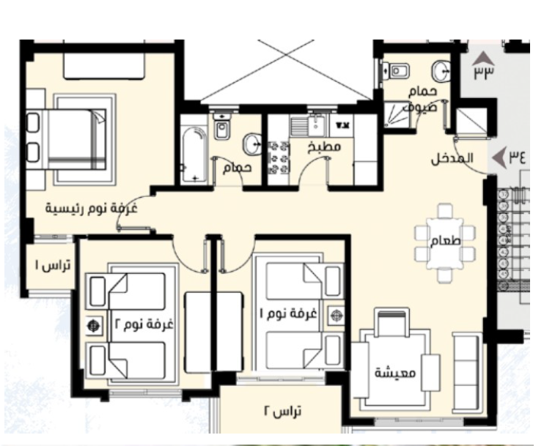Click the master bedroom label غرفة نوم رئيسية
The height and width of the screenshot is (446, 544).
tap(91, 209)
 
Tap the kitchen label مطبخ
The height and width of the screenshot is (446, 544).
tap(324, 147)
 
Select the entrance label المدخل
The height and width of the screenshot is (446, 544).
tap(452, 159)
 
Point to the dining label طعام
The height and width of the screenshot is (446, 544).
tap(445, 240)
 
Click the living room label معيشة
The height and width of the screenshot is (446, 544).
tap(395, 373)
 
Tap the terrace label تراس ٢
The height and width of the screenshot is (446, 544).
tap(282, 412)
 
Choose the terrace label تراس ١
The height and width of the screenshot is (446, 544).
tap(53, 265)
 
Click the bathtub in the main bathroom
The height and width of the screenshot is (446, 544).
tap(194, 155)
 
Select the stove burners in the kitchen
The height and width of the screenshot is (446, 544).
tap(279, 157)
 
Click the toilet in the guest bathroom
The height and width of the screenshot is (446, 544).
tap(395, 71)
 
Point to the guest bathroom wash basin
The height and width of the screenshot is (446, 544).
tap(441, 71)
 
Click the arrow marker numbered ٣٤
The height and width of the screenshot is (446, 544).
tap(499, 157)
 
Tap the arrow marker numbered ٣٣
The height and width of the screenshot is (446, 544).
tap(483, 58)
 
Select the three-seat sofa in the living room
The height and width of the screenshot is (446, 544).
tap(467, 372)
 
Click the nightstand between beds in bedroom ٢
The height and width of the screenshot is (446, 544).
tap(94, 326)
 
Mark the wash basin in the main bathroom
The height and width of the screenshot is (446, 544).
tap(252, 144)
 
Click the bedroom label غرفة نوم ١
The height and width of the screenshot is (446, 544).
tap(289, 313)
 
